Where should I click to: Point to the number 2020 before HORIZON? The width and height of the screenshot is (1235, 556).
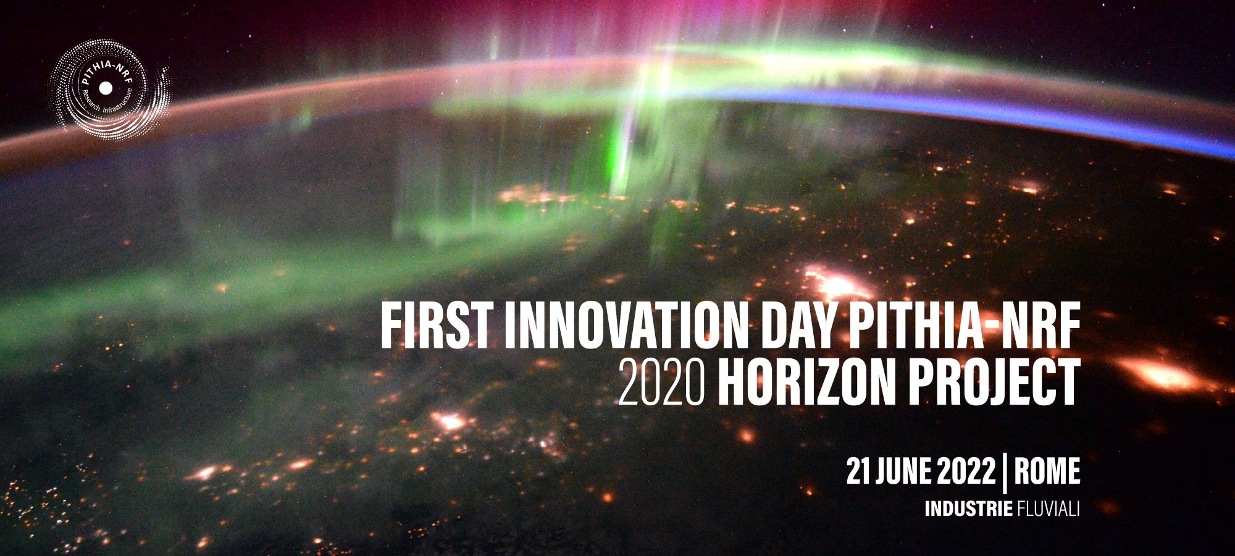pyautogui.click(x=661, y=382)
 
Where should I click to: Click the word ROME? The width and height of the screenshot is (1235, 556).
pyautogui.click(x=1047, y=471)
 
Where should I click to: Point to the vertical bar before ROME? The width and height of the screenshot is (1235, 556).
pyautogui.click(x=1005, y=473)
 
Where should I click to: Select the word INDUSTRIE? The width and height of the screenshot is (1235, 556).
pyautogui.click(x=968, y=509)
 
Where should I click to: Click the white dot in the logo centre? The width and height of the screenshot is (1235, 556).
pyautogui.click(x=106, y=89)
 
